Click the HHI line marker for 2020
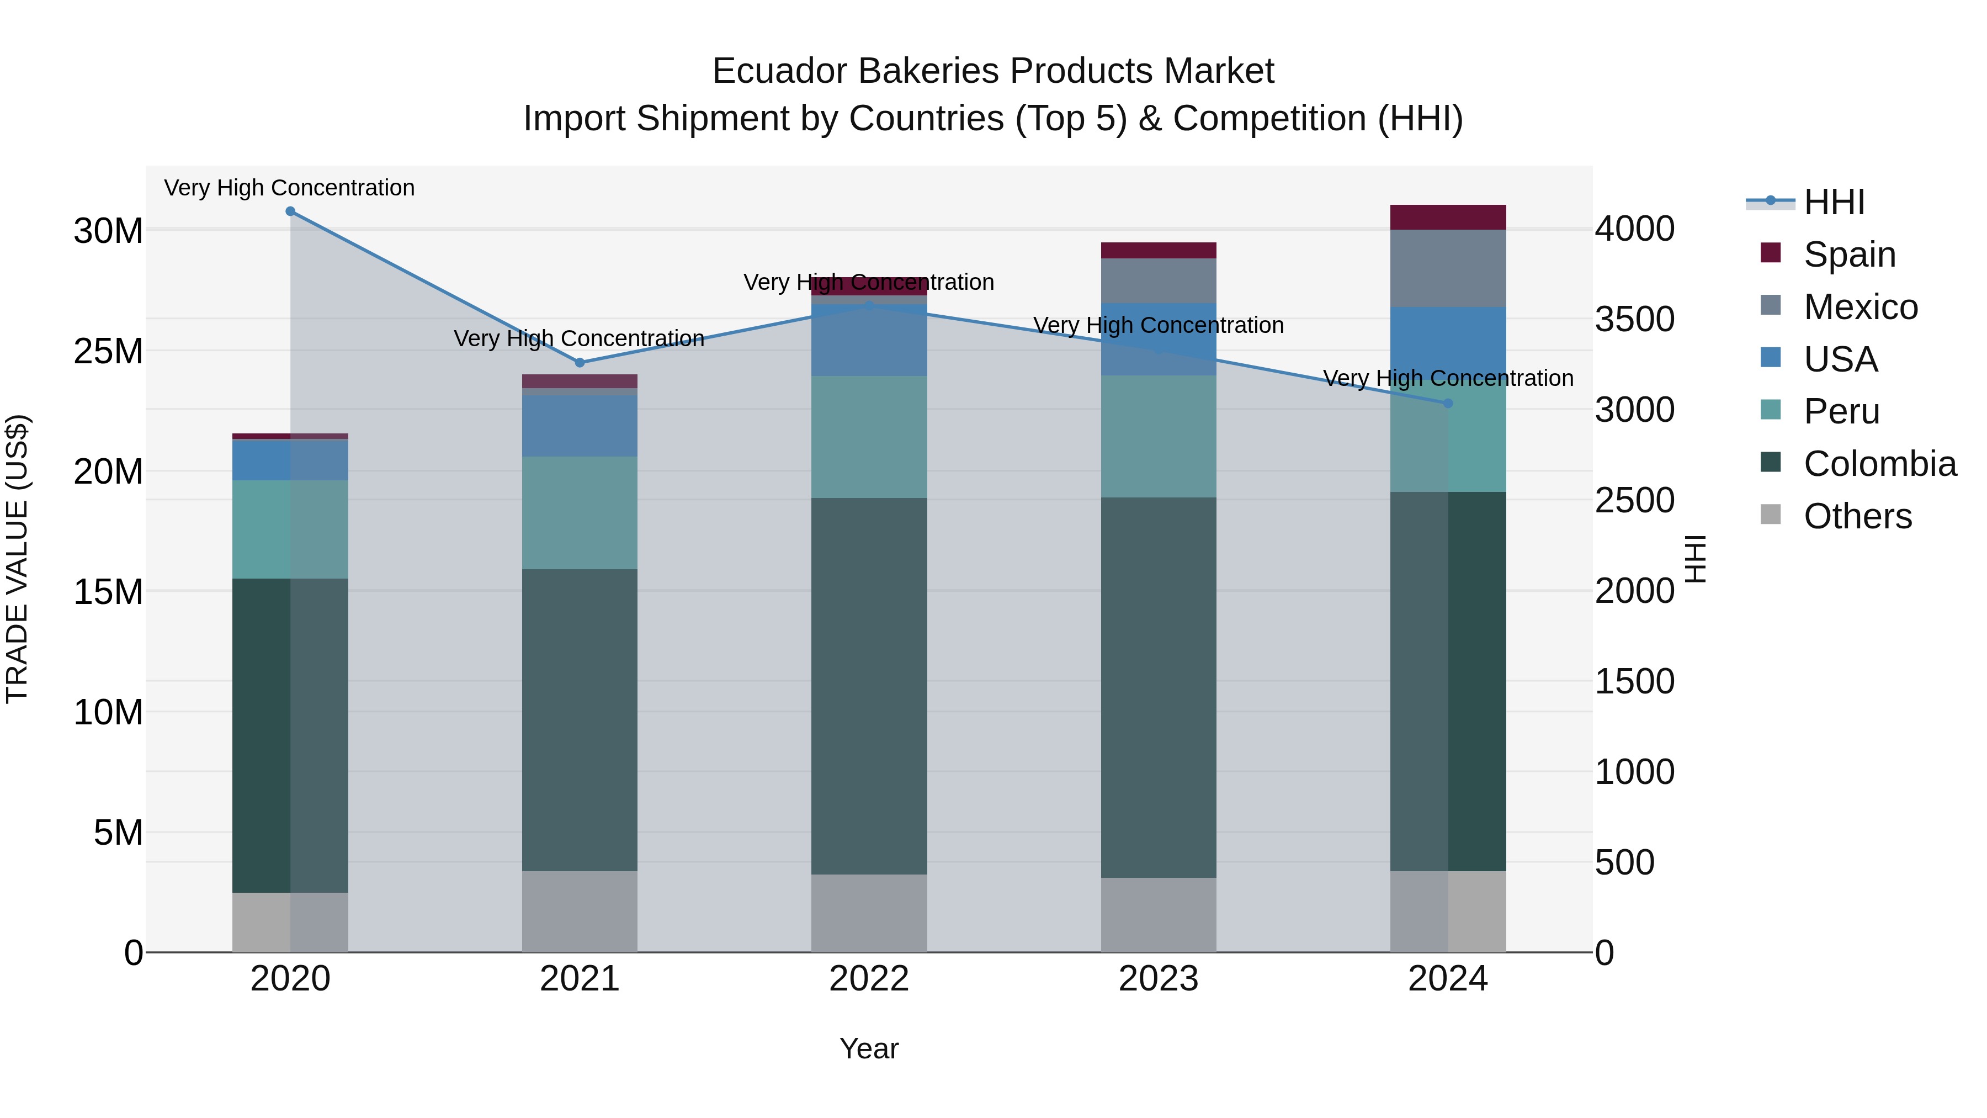[290, 211]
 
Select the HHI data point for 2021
[580, 363]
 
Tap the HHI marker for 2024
[1448, 404]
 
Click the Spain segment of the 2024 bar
[1448, 218]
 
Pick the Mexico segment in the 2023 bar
[1159, 281]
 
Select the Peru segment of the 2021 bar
[580, 513]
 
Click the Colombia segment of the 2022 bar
[869, 687]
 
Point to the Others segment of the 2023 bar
[1159, 915]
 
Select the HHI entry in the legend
[1834, 202]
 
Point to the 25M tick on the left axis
[108, 352]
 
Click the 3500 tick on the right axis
[1634, 320]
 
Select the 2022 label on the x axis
[869, 979]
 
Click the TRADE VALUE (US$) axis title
[17, 559]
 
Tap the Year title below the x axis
[869, 1048]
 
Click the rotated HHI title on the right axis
[1694, 559]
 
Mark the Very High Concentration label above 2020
[289, 188]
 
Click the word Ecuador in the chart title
[779, 71]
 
